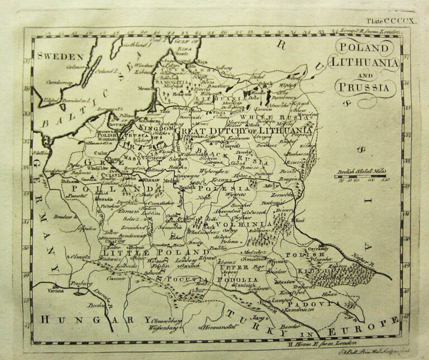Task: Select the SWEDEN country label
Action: pyautogui.click(x=60, y=56)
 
